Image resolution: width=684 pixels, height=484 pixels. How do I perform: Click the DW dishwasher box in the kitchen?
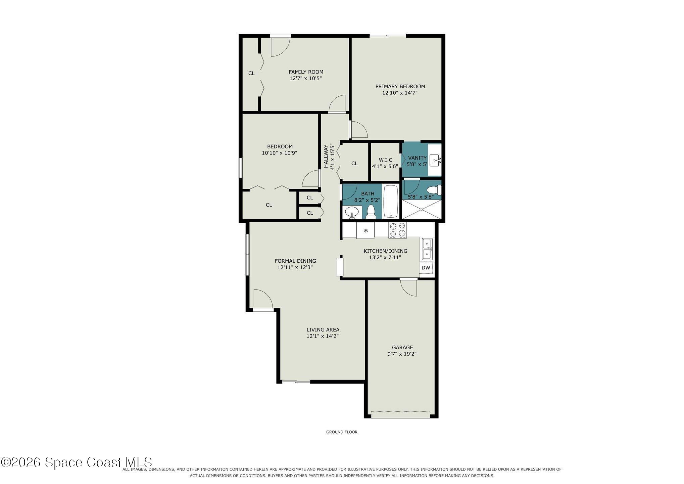pyautogui.click(x=426, y=268)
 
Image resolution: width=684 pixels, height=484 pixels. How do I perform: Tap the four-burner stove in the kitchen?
pyautogui.click(x=397, y=230)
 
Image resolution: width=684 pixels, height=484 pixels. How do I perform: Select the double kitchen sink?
pyautogui.click(x=427, y=249)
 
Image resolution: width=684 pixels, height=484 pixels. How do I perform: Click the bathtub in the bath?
pyautogui.click(x=391, y=201)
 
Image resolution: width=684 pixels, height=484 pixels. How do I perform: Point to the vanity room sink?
pyautogui.click(x=435, y=161)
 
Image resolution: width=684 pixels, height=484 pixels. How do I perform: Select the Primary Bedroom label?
pyautogui.click(x=400, y=86)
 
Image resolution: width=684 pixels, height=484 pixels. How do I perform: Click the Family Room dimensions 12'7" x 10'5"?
pyautogui.click(x=306, y=78)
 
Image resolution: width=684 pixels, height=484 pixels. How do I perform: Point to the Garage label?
pyautogui.click(x=402, y=347)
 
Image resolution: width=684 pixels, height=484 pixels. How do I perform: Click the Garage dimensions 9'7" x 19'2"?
pyautogui.click(x=402, y=354)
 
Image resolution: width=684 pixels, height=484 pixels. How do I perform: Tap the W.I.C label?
pyautogui.click(x=385, y=160)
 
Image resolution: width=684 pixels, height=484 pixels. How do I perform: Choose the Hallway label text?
pyautogui.click(x=326, y=156)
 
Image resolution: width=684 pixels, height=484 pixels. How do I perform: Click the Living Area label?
pyautogui.click(x=323, y=329)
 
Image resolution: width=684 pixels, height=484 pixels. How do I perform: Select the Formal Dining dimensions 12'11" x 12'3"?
pyautogui.click(x=295, y=267)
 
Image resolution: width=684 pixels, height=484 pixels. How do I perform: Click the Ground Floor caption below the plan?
pyautogui.click(x=342, y=432)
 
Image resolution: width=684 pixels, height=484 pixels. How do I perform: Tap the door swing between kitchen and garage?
pyautogui.click(x=408, y=288)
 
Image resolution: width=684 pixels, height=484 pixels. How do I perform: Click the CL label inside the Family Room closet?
pyautogui.click(x=251, y=73)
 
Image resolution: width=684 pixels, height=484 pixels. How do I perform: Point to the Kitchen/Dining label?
pyautogui.click(x=385, y=251)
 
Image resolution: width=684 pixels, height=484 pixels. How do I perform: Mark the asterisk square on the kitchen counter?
pyautogui.click(x=365, y=230)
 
